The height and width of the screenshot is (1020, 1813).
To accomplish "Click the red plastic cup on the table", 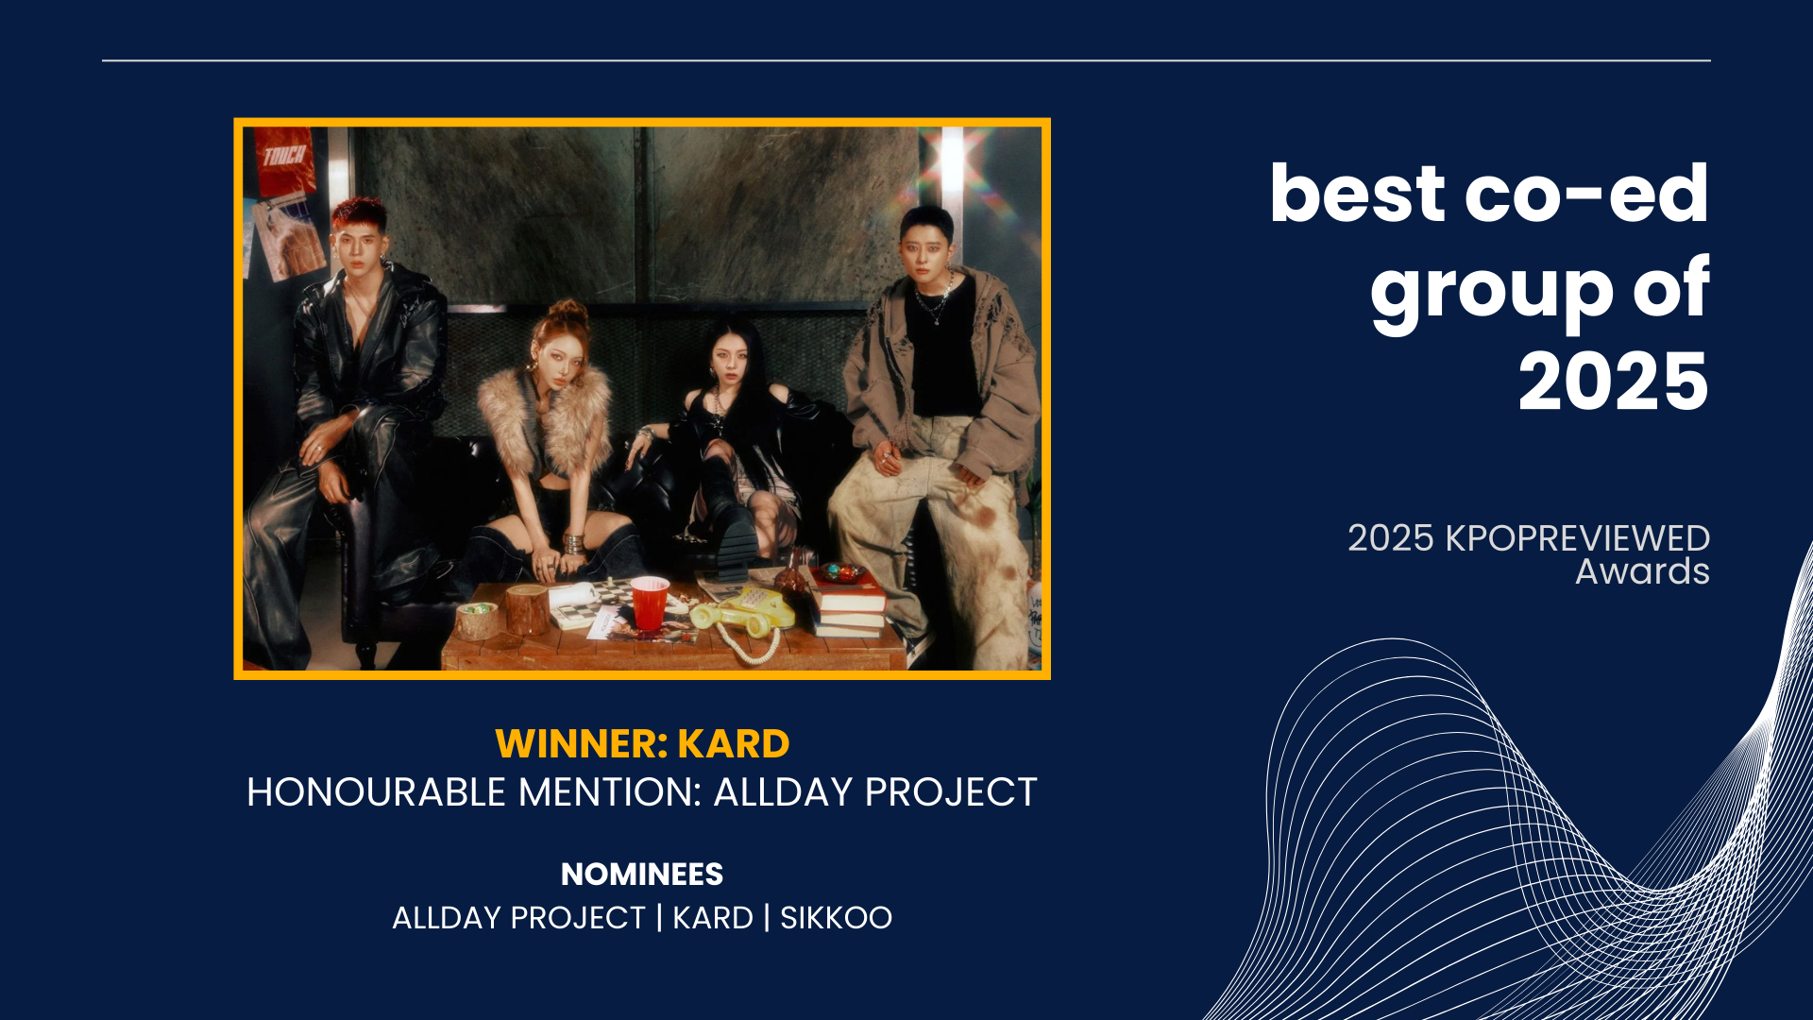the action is (650, 602).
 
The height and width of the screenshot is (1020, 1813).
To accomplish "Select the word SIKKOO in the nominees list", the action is (836, 918).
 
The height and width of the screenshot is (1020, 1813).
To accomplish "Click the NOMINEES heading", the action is (642, 875).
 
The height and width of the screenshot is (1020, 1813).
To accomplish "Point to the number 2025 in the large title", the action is (1614, 382).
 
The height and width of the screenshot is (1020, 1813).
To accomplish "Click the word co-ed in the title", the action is (1586, 194).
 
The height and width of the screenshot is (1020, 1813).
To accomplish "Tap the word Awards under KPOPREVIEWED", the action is (1642, 571).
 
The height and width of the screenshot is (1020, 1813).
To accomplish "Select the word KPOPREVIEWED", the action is (1578, 538).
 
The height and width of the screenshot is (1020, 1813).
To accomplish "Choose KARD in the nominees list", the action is (713, 918).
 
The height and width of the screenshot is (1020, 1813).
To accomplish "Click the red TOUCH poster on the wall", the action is (284, 161).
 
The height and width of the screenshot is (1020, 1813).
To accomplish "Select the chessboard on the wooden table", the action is (590, 602).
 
